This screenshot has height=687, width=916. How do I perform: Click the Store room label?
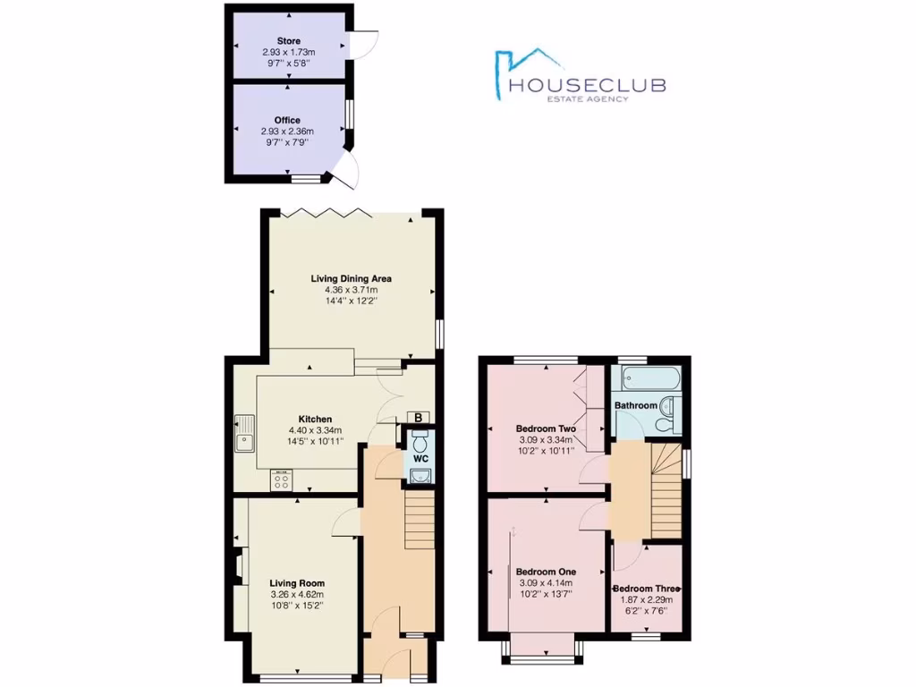click(x=288, y=41)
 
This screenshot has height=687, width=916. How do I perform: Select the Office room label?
click(x=288, y=120)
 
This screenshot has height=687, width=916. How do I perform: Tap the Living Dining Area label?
click(x=352, y=278)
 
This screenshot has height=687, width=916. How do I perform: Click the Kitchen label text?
click(x=316, y=419)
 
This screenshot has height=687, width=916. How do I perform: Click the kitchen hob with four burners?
click(x=281, y=480)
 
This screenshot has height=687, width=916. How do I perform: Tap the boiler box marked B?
click(x=417, y=417)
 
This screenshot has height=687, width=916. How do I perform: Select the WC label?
click(x=420, y=459)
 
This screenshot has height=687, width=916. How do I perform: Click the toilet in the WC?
click(x=421, y=441)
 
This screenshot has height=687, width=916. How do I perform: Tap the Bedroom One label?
click(x=546, y=571)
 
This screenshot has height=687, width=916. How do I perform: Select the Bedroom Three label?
click(x=647, y=589)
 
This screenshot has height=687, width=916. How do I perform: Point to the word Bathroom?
click(x=636, y=405)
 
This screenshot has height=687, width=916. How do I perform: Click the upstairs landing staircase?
click(x=664, y=492)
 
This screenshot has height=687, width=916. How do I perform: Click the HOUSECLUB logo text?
click(x=587, y=85)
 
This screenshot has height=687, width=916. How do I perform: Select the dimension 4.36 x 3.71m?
click(x=352, y=290)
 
